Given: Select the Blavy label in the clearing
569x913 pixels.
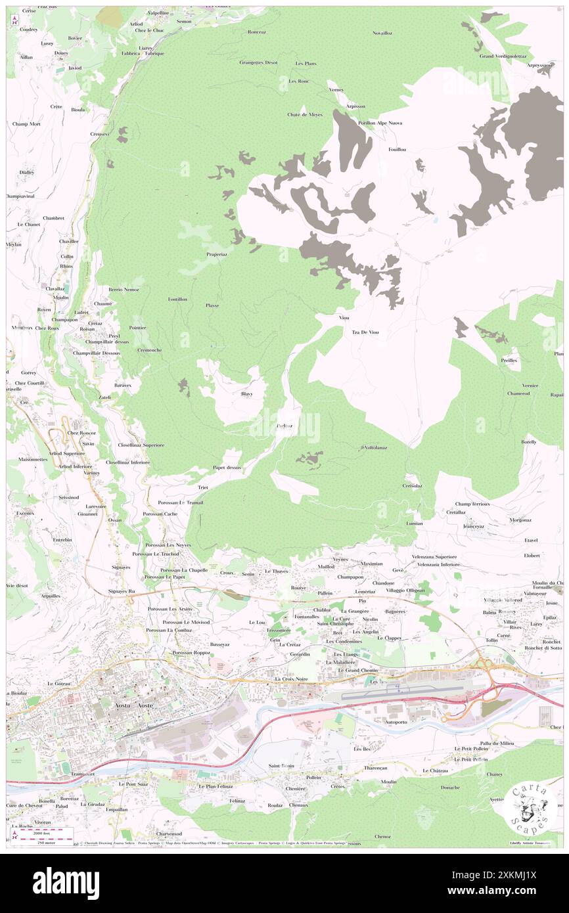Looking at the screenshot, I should (247, 393).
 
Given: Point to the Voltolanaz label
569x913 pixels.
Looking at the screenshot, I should (373, 448).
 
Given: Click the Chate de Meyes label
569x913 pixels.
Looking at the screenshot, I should (304, 114).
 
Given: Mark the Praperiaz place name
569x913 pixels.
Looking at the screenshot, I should (216, 254).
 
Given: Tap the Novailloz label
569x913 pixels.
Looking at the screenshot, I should (382, 32).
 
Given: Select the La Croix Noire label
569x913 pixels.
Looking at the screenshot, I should (291, 679).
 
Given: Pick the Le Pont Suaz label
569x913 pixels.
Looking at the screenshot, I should (134, 784).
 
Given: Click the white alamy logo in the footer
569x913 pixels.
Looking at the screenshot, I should (66, 883).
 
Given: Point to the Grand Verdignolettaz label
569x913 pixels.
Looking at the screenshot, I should (503, 56).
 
